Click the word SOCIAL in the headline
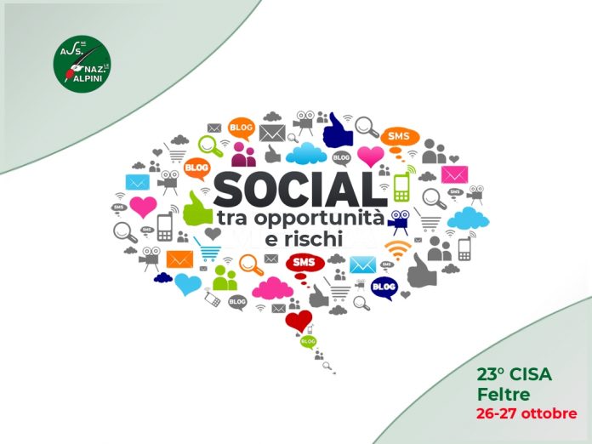[x=300, y=190]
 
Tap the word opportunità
[x=319, y=219]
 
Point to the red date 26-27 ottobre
[x=527, y=413]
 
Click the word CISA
[x=531, y=374]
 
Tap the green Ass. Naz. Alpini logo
[x=82, y=64]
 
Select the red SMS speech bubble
[x=305, y=265]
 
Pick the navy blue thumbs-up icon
[x=338, y=131]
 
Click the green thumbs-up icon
[x=196, y=209]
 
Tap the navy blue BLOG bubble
[x=384, y=288]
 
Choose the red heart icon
[x=299, y=321]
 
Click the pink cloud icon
[x=272, y=288]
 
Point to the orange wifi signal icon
[x=398, y=250]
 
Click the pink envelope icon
[x=454, y=175]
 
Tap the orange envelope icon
[x=179, y=259]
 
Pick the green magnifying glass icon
[x=210, y=146]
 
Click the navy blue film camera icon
[x=399, y=221]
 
